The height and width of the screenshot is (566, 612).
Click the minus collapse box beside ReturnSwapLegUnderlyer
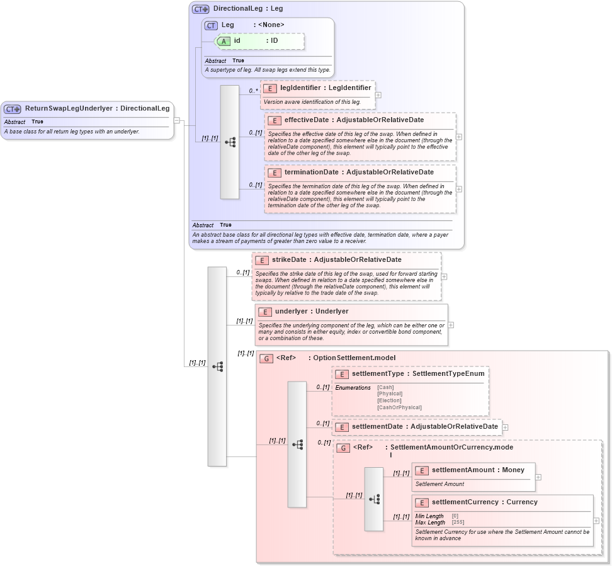177,120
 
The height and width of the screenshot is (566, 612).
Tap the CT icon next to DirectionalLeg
200,9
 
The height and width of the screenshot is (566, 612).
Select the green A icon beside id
224,41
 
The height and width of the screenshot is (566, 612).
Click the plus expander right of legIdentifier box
378,95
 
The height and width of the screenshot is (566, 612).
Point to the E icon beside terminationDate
274,173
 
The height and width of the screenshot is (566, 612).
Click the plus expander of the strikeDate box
444,276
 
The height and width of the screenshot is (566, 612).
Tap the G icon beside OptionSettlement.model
266,358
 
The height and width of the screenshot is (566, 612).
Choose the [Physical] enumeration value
389,394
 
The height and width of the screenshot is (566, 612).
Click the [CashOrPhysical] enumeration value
399,407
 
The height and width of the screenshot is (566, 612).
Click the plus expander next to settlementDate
505,427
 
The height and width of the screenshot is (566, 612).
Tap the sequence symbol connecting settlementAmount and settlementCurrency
374,499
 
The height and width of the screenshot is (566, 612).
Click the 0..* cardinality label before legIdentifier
253,91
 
